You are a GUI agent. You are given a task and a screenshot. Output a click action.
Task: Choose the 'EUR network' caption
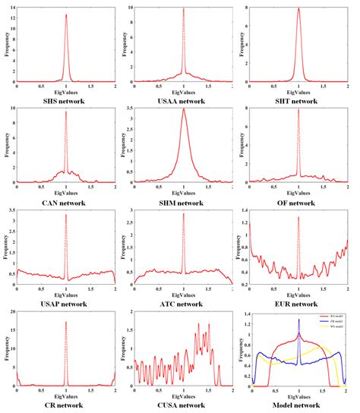pyautogui.click(x=300, y=304)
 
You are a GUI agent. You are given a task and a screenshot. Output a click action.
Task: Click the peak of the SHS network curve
pyautogui.click(x=66, y=14)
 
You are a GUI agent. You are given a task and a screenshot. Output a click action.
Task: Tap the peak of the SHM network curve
pyautogui.click(x=183, y=109)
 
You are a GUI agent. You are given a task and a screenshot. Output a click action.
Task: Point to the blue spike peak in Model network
pyautogui.click(x=300, y=319)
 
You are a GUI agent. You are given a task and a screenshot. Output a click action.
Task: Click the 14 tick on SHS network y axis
pyautogui.click(x=10, y=7)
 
